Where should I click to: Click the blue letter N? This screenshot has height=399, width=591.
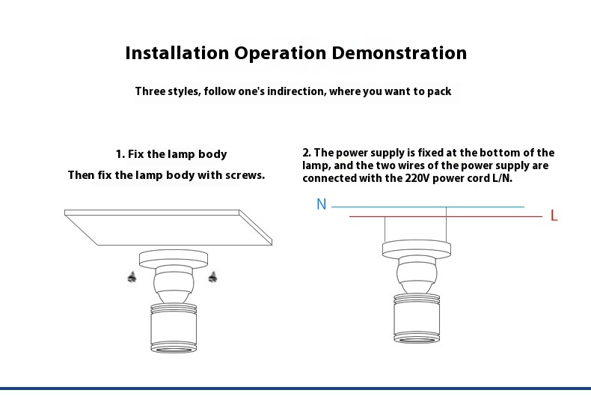(x=321, y=204)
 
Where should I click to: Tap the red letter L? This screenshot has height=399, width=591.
(x=554, y=216)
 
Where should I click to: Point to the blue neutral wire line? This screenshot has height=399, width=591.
(x=428, y=207)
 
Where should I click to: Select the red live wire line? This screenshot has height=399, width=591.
(x=446, y=216)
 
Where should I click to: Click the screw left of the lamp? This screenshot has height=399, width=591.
(x=132, y=277)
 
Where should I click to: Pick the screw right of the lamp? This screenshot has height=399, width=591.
(x=212, y=277)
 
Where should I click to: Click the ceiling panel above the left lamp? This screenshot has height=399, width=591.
(x=168, y=228)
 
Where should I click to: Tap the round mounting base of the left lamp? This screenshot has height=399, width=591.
(x=174, y=259)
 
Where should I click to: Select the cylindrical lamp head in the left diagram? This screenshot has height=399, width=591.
(x=174, y=328)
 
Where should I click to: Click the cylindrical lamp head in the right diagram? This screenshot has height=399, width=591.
(x=417, y=318)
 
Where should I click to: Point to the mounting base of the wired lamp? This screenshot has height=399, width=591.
(x=417, y=249)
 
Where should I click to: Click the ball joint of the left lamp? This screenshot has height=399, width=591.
(x=174, y=282)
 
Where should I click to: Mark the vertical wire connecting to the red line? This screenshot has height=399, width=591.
(x=385, y=229)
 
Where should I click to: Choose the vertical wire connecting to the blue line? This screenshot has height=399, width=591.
(x=447, y=225)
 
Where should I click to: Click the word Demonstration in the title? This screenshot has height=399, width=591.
(x=399, y=53)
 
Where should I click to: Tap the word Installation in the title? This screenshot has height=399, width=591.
(x=177, y=53)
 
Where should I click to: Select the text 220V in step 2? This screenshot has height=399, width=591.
(x=417, y=178)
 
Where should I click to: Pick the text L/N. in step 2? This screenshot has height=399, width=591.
(x=503, y=178)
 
